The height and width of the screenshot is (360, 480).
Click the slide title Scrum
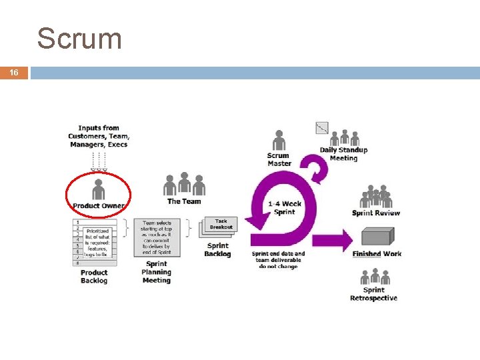79,39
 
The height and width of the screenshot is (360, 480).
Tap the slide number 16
14,73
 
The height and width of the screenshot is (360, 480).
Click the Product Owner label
99,205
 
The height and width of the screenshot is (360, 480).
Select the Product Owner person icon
99,189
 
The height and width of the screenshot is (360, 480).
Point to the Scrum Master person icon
279,140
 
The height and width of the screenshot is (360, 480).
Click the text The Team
184,201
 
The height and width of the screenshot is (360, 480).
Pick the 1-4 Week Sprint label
285,208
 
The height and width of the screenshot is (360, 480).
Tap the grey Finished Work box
377,238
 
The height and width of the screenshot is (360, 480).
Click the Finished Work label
377,254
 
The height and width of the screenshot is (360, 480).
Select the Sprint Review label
376,213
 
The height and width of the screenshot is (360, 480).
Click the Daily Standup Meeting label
343,154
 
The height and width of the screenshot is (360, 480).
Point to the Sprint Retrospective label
373,294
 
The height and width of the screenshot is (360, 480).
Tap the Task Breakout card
221,224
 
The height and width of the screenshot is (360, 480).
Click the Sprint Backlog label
217,249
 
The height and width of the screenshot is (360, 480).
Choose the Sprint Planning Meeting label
156,272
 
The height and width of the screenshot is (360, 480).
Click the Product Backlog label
94,276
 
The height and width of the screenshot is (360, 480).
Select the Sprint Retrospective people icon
375,277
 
